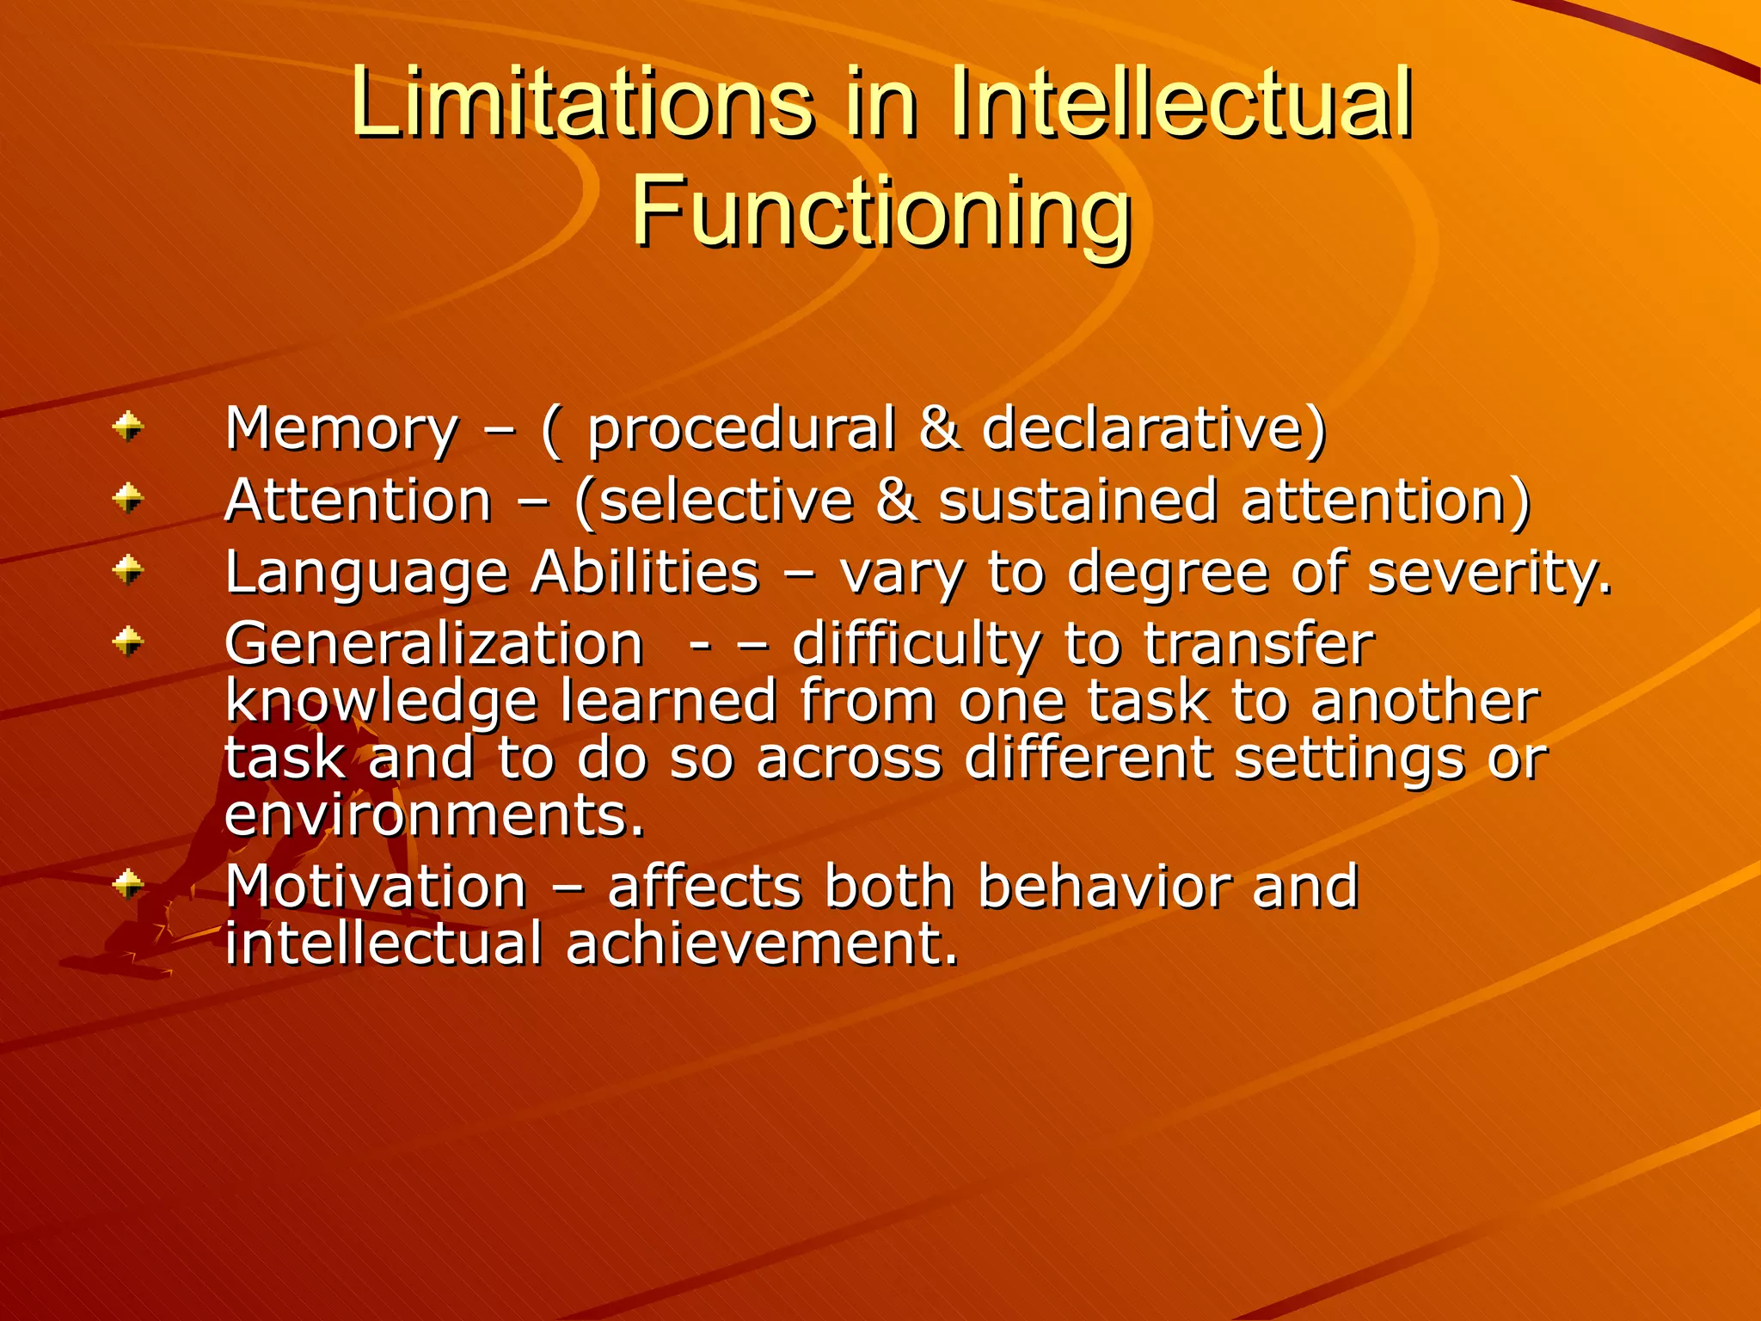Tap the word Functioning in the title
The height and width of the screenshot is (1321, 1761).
(x=880, y=212)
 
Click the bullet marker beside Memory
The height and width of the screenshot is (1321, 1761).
(x=129, y=426)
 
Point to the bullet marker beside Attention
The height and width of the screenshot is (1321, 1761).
(x=129, y=497)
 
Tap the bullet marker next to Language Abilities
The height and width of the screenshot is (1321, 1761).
(x=129, y=568)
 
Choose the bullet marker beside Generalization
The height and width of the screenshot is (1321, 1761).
(x=129, y=641)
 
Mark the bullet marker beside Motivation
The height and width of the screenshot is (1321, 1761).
(x=129, y=883)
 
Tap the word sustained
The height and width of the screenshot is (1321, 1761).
(x=1077, y=501)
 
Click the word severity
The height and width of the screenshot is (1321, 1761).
(x=1488, y=574)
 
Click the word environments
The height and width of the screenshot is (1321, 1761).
(x=434, y=814)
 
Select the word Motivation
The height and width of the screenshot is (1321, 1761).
(x=376, y=887)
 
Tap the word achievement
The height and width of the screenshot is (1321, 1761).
(x=762, y=943)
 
